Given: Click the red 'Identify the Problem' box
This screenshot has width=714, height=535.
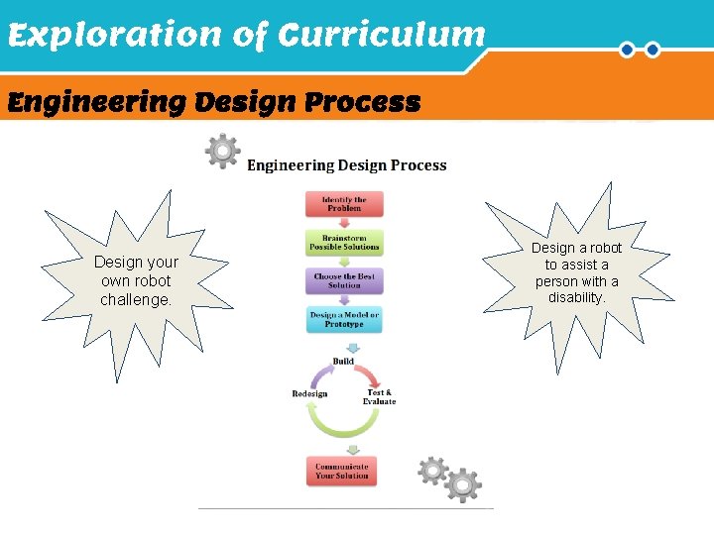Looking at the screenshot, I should pos(344,204).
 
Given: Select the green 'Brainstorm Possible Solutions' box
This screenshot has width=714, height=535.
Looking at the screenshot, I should pos(344,242).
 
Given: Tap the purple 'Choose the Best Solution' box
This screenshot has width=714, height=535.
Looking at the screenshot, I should pos(344,280).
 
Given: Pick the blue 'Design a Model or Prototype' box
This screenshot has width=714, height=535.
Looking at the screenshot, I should pos(344,319).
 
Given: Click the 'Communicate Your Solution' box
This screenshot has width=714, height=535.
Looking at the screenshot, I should pos(342,471).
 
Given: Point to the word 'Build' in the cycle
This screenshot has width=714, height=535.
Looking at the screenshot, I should pos(343,362).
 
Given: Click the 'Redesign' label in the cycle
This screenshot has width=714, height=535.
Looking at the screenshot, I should pos(309,394).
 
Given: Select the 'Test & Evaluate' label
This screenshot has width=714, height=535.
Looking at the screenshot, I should pos(380,396).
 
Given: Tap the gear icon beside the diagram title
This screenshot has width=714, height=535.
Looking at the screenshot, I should pos(222,152).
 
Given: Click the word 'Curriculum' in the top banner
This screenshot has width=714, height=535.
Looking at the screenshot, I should pos(382,37).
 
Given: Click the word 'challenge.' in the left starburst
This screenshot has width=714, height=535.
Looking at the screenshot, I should pos(136,299).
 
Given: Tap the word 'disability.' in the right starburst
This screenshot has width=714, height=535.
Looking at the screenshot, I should pos(576,297).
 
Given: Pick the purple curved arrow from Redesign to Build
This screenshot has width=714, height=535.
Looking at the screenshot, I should pos(319,375).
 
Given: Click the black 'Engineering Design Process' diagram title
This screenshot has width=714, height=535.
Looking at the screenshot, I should pos(346,165).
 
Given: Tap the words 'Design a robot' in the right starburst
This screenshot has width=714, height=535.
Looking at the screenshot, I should pos(576,248).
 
